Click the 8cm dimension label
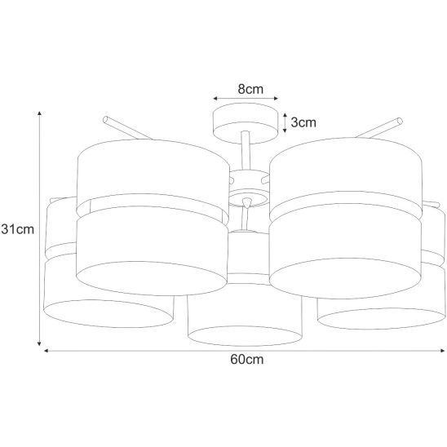click(x=250, y=89)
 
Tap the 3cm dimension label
click(x=303, y=122)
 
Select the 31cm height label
click(x=18, y=229)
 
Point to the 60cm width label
click(x=247, y=360)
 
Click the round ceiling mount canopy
click(x=246, y=123)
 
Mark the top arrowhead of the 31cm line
click(x=40, y=113)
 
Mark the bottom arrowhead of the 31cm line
click(x=40, y=343)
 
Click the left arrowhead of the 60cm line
click(x=46, y=351)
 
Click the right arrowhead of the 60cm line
click(x=442, y=351)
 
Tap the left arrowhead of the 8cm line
click(x=215, y=99)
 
